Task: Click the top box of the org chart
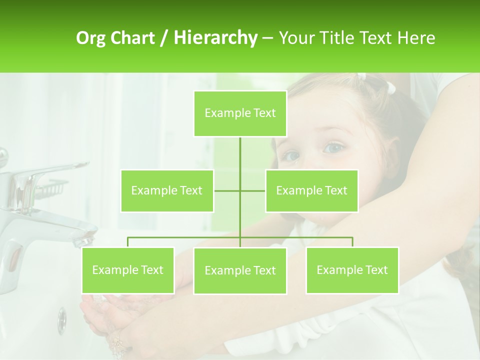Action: coord(240,113)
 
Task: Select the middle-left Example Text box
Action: coord(167,190)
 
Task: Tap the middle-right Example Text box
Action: coord(311,190)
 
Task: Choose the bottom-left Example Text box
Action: coord(128,270)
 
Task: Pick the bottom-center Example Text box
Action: coord(240,270)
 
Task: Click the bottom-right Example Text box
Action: coord(352,270)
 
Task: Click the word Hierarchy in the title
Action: coord(215,38)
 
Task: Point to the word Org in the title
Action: coord(91,38)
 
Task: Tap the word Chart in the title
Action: coord(133,38)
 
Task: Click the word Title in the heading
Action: coord(338,38)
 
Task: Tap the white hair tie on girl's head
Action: coord(391,88)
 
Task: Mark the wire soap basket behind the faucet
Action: coord(52,189)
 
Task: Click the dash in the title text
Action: coord(267,38)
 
